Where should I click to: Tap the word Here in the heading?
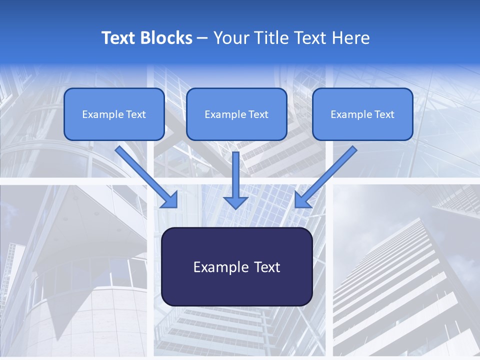click(x=351, y=38)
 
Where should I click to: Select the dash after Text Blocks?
click(x=202, y=38)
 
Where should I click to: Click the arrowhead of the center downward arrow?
click(x=236, y=202)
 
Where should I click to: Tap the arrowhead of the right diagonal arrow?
click(x=302, y=200)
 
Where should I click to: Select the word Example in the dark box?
click(x=214, y=267)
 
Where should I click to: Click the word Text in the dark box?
click(x=266, y=267)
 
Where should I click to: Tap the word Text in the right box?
click(x=384, y=114)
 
